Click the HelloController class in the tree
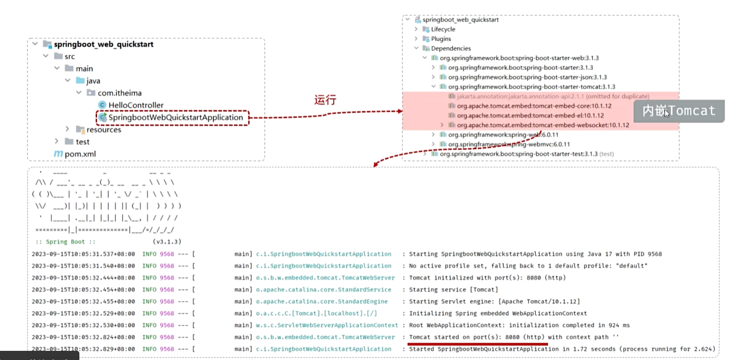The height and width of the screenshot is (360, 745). [x=135, y=105]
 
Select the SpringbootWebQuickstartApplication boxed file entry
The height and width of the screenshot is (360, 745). [x=176, y=118]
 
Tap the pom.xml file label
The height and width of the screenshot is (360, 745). [x=80, y=154]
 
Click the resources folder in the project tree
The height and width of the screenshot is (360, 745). [x=103, y=130]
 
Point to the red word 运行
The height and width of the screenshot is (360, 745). [x=325, y=100]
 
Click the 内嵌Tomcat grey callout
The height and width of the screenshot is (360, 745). [x=679, y=111]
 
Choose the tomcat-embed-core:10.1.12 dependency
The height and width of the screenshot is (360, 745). [x=534, y=106]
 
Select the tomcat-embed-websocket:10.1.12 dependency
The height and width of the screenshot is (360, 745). [x=542, y=125]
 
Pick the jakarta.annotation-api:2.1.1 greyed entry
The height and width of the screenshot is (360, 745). [x=553, y=96]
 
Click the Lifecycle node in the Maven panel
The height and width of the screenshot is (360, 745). [x=443, y=30]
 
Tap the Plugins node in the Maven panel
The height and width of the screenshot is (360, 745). [x=441, y=39]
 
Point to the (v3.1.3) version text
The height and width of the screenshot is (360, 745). [x=167, y=241]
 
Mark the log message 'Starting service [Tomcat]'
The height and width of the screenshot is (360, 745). [x=453, y=290]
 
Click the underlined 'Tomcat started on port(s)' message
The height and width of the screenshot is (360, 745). [x=478, y=337]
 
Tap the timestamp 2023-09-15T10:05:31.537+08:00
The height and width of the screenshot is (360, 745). [x=83, y=254]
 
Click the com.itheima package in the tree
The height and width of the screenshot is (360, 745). [x=120, y=93]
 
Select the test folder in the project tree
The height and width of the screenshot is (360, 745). [x=82, y=142]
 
